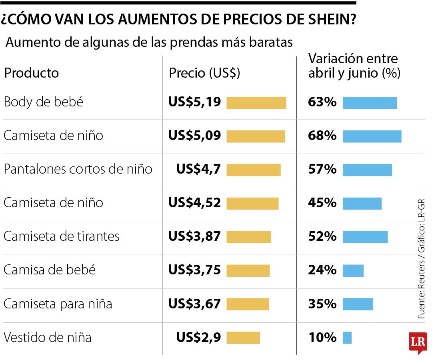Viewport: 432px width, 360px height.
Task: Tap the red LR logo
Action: coord(418,342)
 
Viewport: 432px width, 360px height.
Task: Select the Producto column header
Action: coord(31,73)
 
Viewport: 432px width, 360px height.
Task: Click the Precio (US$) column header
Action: coord(204,73)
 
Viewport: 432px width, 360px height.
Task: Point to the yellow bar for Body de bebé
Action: coord(256,103)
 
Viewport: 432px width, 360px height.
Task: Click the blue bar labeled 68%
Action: coord(372,136)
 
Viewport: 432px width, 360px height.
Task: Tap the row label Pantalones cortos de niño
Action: coord(78,169)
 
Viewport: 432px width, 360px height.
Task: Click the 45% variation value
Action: coord(322,203)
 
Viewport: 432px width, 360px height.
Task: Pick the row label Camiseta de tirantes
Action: coord(62,236)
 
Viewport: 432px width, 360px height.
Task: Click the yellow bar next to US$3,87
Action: coord(248,237)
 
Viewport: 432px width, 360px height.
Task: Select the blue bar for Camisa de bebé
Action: coord(353,270)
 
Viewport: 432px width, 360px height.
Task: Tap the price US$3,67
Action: coord(194,304)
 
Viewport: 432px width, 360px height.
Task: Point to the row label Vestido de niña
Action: coord(47,337)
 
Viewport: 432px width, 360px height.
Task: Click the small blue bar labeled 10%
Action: coord(347,338)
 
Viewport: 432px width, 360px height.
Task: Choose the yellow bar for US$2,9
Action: coord(243,338)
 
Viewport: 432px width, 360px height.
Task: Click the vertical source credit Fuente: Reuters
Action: coord(422,292)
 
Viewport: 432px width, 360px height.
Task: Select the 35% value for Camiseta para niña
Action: coord(322,304)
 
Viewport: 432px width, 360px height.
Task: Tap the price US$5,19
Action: coord(194,102)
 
